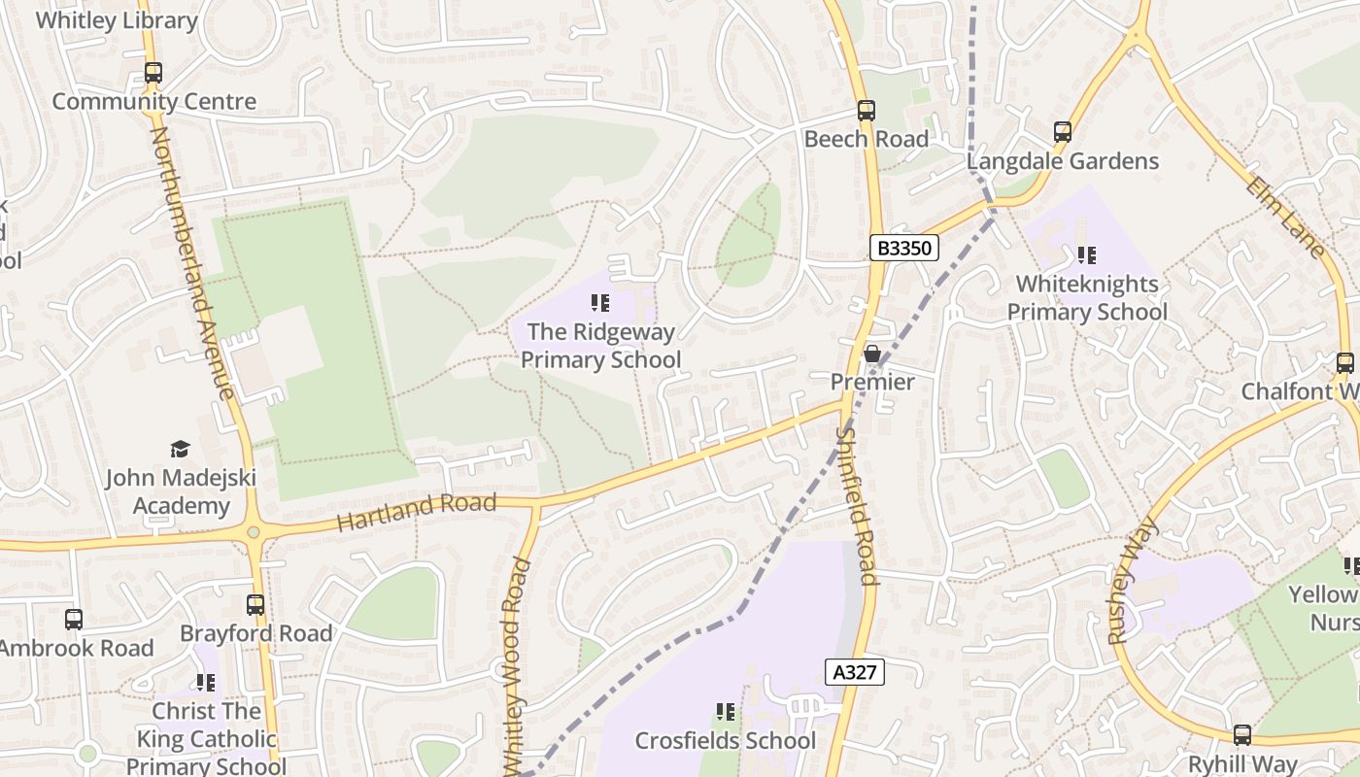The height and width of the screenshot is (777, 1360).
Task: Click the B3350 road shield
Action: pos(903,248)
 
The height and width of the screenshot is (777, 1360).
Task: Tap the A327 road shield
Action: pos(855,672)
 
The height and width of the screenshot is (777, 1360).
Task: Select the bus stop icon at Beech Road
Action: pos(866,111)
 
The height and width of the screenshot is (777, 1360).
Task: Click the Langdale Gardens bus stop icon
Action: pos(1063,132)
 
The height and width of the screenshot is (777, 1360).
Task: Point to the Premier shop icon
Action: pos(872,354)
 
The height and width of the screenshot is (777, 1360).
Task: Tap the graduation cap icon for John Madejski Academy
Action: pos(180,449)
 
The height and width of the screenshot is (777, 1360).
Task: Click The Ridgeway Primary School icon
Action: pos(600,303)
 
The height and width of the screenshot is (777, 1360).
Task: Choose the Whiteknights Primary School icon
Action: pos(1086,255)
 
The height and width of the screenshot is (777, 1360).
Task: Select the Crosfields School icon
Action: pos(725,712)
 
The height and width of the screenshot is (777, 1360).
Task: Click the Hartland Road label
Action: pos(416,511)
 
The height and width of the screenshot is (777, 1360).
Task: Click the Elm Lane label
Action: pos(1284,218)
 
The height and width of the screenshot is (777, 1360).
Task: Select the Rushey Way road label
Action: pos(1133,580)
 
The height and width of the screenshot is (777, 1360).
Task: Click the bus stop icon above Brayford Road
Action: pos(255,605)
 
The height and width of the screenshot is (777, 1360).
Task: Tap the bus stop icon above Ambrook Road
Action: pos(74,620)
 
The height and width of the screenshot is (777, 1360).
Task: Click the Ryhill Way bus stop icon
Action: pos(1242,735)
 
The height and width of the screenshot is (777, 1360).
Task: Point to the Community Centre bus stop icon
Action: pos(153,73)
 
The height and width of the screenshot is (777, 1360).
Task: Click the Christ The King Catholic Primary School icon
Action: pos(205,683)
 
